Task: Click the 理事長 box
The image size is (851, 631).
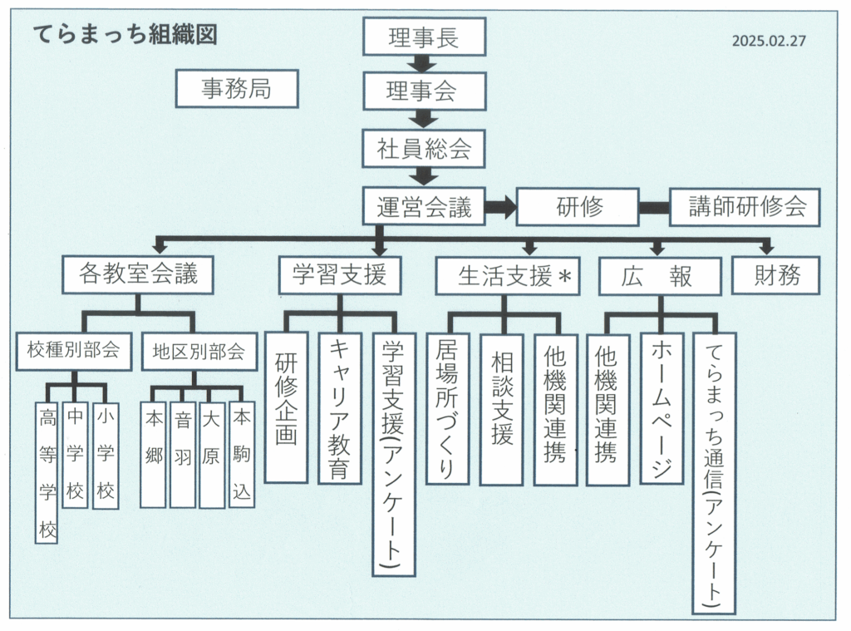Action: [424, 37]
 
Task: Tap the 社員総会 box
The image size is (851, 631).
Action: [424, 149]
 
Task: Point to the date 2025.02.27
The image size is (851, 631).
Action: [769, 40]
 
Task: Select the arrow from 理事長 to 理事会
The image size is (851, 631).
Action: [424, 64]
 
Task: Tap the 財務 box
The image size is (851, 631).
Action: [775, 276]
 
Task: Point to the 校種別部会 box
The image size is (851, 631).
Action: [74, 351]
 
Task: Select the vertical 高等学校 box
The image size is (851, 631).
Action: [47, 472]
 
